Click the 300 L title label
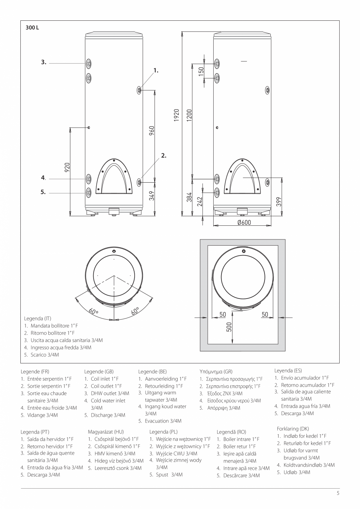[32, 28]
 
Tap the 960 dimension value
[152, 131]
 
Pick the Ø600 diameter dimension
[244, 223]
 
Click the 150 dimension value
[201, 72]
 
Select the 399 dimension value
[279, 202]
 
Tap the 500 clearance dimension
[230, 326]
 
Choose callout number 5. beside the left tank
[43, 192]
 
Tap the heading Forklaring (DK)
[293, 428]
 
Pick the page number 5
[338, 493]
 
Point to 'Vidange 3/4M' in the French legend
[43, 415]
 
